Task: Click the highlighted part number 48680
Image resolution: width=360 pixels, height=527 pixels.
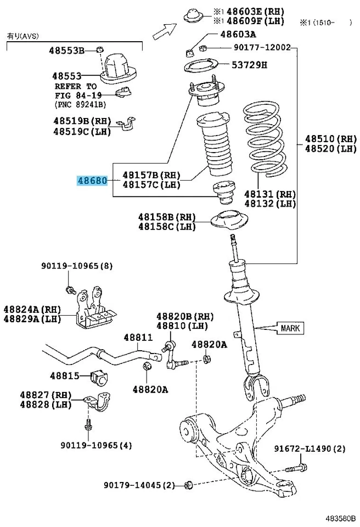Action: pyautogui.click(x=92, y=181)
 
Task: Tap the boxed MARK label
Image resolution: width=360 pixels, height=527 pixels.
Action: pyautogui.click(x=290, y=328)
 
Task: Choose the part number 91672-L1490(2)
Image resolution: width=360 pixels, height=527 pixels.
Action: pyautogui.click(x=310, y=448)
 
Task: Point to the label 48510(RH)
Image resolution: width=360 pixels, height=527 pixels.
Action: pyautogui.click(x=331, y=139)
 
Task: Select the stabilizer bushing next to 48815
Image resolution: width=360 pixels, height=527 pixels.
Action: pyautogui.click(x=100, y=377)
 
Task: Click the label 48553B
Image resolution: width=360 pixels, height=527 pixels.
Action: pyautogui.click(x=66, y=51)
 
